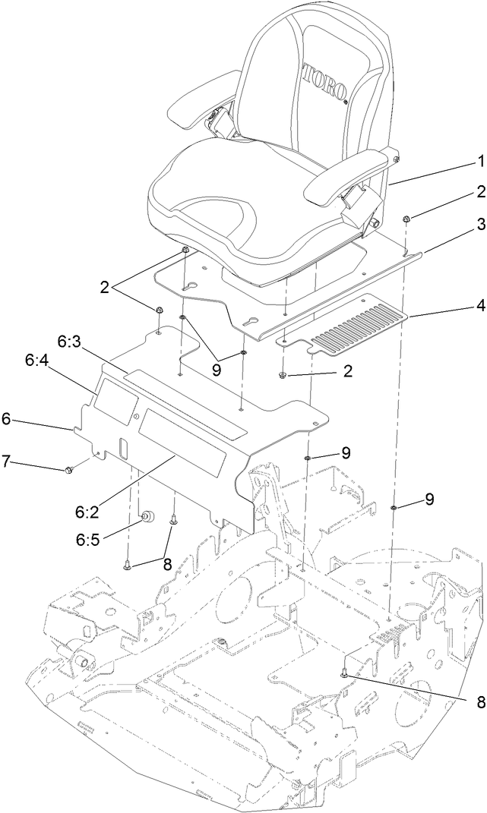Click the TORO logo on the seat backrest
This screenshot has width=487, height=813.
click(324, 82)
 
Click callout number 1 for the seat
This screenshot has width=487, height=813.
click(480, 161)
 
